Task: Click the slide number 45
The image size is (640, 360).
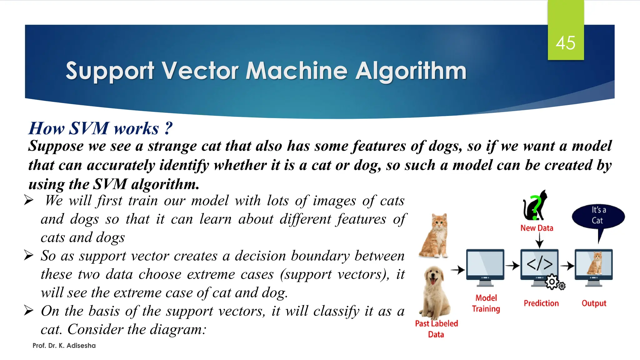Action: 565,43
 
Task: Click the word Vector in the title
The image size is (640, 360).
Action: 200,71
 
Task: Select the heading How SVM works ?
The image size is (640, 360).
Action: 100,128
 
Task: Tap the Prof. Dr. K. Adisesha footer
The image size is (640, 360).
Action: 64,346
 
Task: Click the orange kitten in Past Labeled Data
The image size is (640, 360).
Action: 434,236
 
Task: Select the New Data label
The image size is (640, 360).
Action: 537,228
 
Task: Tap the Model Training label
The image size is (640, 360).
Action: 486,303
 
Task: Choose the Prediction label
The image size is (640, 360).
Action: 541,303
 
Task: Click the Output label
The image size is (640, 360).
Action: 594,303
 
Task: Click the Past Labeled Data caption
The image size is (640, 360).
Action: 436,329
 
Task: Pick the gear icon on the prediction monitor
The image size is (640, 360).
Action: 552,282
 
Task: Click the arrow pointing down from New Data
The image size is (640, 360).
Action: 539,241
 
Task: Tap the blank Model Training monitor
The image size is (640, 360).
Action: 485,266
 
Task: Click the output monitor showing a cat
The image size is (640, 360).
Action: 594,266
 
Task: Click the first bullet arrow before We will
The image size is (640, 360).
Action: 29,200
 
